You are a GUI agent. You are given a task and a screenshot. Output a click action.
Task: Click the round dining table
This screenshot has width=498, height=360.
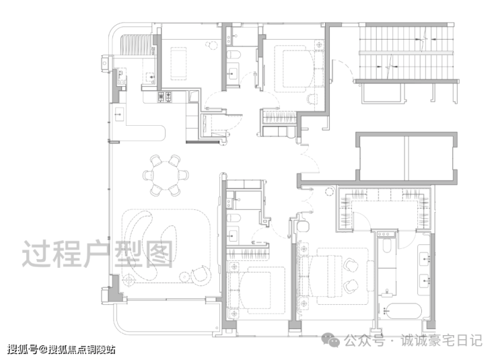pyautogui.click(x=166, y=175)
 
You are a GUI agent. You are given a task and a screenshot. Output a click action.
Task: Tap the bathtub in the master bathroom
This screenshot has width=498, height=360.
pyautogui.click(x=402, y=311)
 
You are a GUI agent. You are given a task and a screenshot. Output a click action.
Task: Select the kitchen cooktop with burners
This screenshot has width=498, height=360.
pyautogui.click(x=165, y=96)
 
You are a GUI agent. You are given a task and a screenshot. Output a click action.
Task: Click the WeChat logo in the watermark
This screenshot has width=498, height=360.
pyautogui.click(x=330, y=340)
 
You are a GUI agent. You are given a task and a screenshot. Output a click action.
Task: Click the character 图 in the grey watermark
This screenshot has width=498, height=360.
pyautogui.click(x=158, y=253)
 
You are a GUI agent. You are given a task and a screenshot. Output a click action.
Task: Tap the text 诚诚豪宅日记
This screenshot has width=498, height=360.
pyautogui.click(x=441, y=340)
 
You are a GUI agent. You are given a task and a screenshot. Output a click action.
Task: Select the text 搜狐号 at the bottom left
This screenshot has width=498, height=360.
pyautogui.click(x=22, y=349)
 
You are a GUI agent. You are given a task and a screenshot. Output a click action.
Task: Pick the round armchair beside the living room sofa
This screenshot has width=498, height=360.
pyautogui.click(x=201, y=275)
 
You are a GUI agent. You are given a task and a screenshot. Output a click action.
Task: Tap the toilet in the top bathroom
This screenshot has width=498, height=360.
pyautogui.click(x=234, y=55)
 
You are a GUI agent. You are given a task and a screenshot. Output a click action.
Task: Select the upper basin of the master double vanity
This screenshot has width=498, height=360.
pyautogui.click(x=425, y=259)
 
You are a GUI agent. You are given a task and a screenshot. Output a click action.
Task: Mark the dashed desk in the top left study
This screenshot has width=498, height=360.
pyautogui.click(x=178, y=63)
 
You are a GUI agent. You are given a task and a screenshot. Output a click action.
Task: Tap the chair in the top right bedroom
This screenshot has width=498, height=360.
pyautogui.click(x=312, y=99)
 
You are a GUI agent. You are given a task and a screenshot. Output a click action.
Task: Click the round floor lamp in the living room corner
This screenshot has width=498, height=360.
pyautogui.click(x=129, y=280)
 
